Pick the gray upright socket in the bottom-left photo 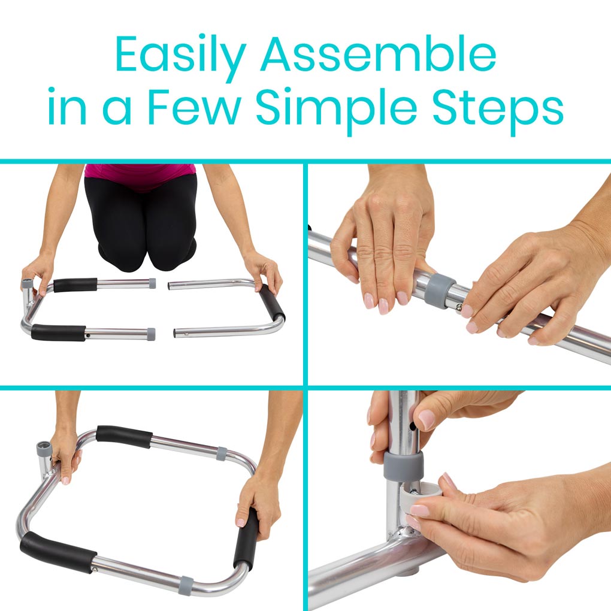(x=45, y=450)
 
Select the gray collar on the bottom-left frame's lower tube (x=186, y=582)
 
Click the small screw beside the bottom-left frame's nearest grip (x=94, y=569)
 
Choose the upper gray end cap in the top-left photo (x=152, y=283)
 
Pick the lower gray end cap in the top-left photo (x=152, y=332)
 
